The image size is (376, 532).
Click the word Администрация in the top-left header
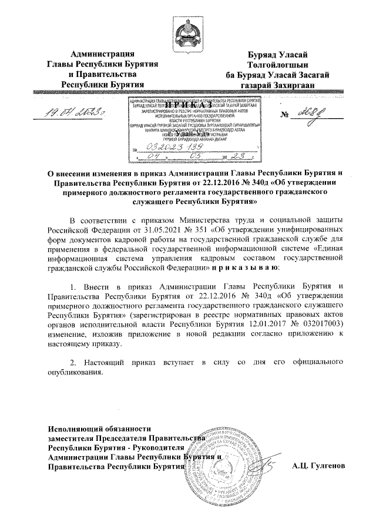pyautogui.click(x=99, y=55)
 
